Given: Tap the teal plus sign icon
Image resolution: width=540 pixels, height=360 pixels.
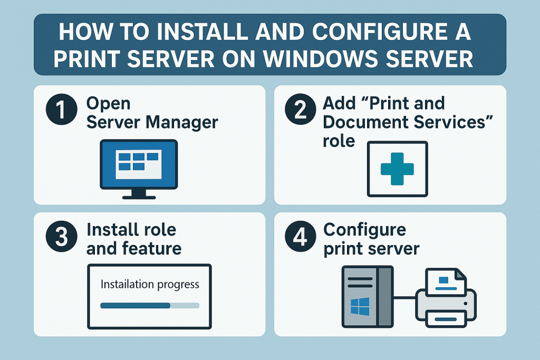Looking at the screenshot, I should (x=397, y=168).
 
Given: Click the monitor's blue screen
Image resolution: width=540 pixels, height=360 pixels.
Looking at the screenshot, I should (x=139, y=163).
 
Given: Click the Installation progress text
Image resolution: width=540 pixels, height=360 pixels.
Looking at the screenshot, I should (x=150, y=284).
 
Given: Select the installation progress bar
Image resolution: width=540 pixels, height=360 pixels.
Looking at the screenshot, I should (x=150, y=305).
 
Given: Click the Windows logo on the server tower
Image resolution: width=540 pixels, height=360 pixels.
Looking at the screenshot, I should (x=360, y=305).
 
